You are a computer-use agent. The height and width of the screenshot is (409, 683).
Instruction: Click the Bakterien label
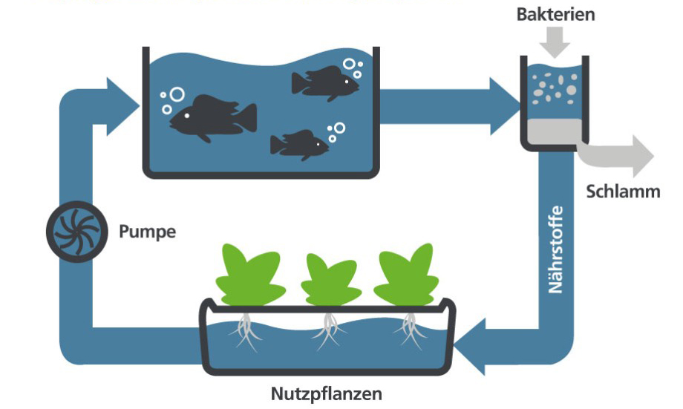coord(556,15)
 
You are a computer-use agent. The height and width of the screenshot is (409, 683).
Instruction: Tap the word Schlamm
coord(623,192)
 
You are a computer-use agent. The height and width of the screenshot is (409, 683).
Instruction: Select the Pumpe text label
coord(148,232)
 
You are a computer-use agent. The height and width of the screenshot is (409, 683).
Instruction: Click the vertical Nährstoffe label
coord(556,249)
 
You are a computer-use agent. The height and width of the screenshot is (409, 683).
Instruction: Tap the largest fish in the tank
coord(212,117)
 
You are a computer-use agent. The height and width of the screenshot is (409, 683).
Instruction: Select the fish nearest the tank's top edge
coord(324,82)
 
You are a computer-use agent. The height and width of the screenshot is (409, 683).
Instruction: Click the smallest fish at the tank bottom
coord(299,144)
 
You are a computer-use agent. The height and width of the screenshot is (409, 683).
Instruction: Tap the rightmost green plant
coord(407,275)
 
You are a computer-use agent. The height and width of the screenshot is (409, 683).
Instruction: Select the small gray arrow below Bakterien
coord(555,43)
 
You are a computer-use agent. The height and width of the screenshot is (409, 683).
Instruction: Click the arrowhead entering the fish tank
coord(122,102)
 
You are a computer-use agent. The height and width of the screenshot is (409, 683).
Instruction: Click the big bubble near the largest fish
coord(177,95)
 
